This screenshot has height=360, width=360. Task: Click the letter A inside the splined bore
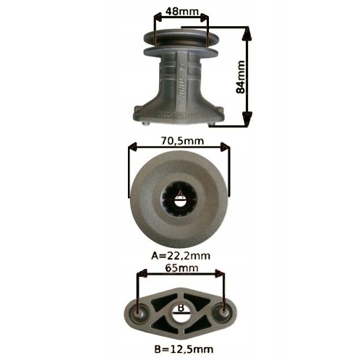[179, 193]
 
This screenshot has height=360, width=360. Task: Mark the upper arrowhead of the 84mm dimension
[249, 31]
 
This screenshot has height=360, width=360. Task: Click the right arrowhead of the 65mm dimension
[222, 275]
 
